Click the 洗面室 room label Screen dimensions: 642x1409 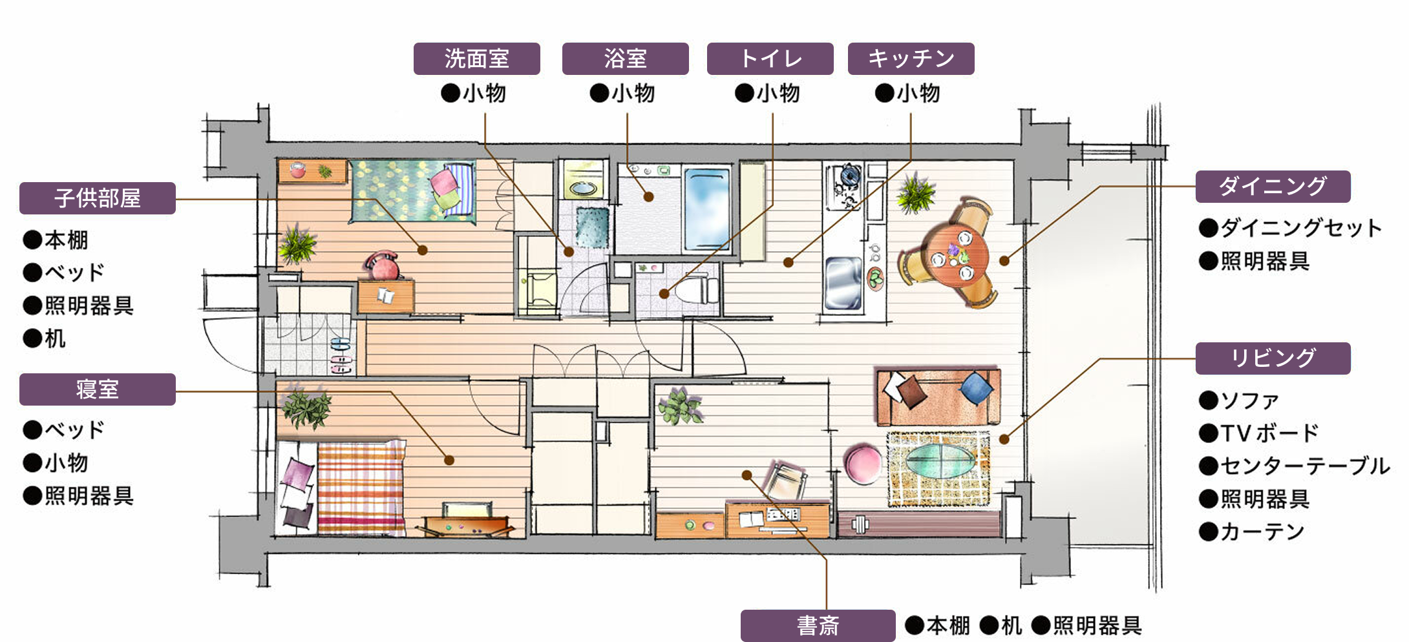tap(476, 59)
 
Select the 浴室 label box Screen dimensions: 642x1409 tap(625, 59)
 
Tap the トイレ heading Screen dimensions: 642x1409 tap(770, 59)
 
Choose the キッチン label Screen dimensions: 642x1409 tap(911, 59)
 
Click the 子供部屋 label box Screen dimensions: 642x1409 tap(97, 198)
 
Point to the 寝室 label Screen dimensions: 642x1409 tap(97, 389)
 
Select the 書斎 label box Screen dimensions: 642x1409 tap(818, 626)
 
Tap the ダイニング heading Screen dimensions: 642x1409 tap(1273, 187)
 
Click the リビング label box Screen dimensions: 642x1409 tap(1273, 358)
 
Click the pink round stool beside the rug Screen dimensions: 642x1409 tap(863, 462)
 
